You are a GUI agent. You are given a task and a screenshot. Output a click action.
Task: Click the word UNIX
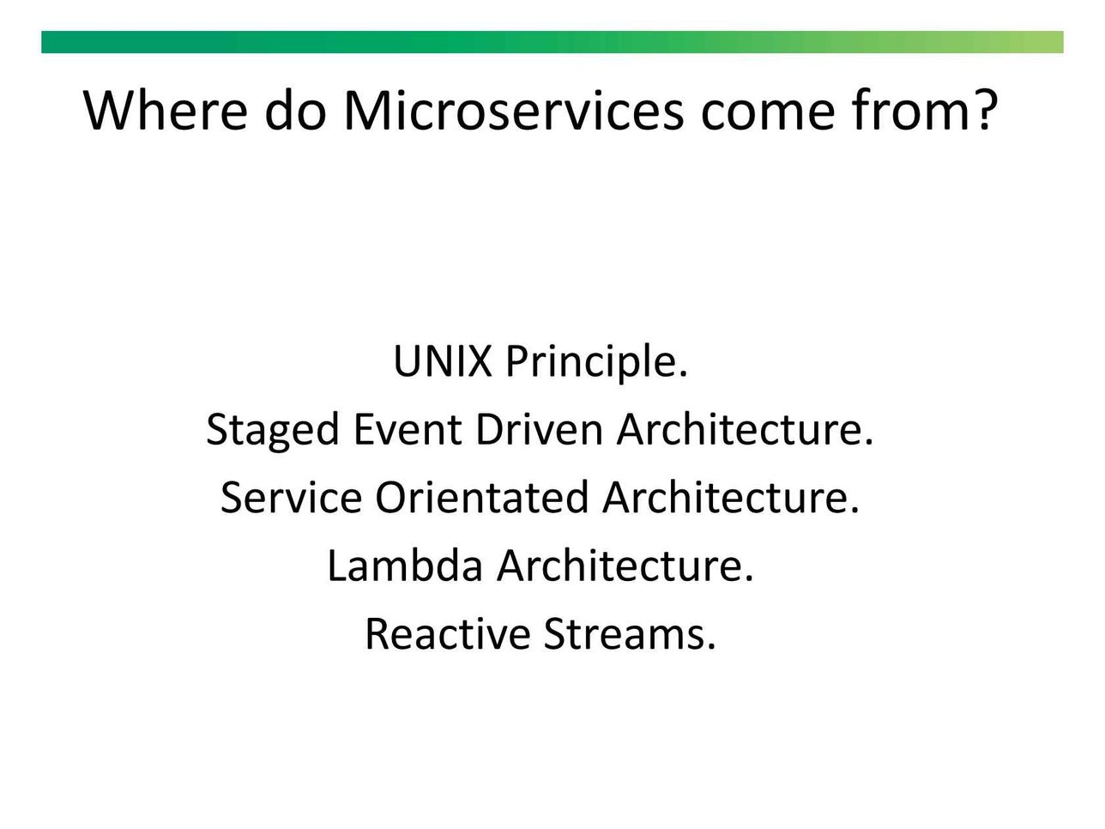tap(442, 361)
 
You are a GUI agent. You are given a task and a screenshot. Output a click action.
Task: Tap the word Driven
tap(539, 429)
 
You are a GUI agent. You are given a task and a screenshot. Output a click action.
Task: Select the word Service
tap(292, 497)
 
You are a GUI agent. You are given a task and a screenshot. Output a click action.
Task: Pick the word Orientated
tap(482, 497)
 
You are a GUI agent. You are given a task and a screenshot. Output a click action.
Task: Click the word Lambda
tap(405, 566)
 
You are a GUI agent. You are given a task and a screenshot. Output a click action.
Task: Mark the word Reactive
tap(448, 633)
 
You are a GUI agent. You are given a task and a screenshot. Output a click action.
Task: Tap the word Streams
tap(630, 633)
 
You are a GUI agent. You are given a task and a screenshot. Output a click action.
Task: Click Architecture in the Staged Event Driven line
tap(746, 429)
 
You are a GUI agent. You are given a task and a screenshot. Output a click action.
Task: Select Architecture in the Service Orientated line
tap(731, 497)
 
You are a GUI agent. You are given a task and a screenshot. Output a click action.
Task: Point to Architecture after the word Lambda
tap(625, 566)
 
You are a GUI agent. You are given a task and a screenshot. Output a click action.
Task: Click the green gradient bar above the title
tap(552, 42)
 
